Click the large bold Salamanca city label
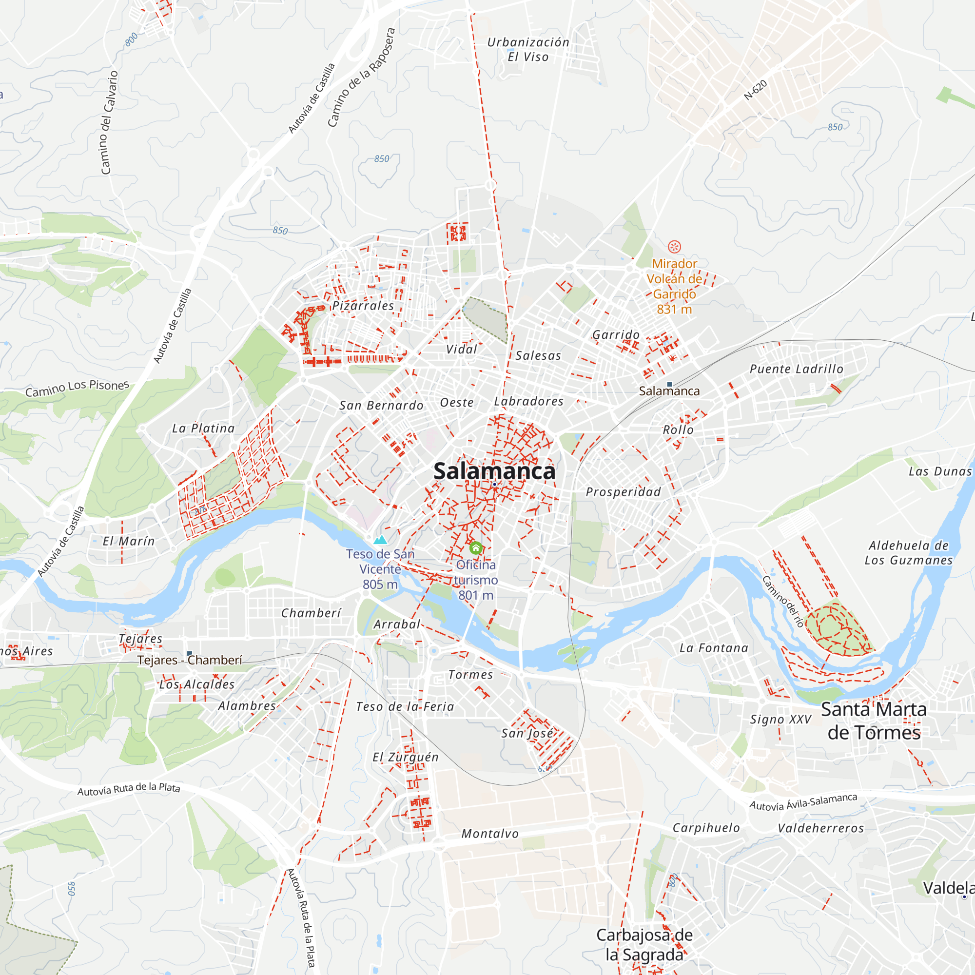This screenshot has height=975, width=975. coord(494,471)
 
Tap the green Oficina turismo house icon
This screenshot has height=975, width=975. coord(475,548)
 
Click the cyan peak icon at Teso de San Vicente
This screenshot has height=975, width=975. coord(380,540)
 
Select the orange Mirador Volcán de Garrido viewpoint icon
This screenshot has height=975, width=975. coord(674,247)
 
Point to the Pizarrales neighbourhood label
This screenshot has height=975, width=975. coord(363,306)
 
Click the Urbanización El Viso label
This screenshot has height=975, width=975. coord(528,49)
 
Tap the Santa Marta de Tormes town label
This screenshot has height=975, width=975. coord(874,721)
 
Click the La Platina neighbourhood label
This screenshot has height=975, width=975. coord(203,429)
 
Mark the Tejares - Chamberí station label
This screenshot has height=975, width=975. coord(190,660)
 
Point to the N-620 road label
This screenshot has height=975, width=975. coord(756,90)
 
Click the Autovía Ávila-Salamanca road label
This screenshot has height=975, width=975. coord(803,801)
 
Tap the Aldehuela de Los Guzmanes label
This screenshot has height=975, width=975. coord(908,553)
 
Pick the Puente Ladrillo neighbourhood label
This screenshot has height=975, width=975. coord(797,369)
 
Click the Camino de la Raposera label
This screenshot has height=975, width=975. coord(360,77)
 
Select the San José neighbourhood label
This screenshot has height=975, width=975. coord(527,733)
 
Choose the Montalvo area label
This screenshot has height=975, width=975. coord(490,834)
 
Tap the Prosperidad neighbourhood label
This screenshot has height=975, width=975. coord(623,492)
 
